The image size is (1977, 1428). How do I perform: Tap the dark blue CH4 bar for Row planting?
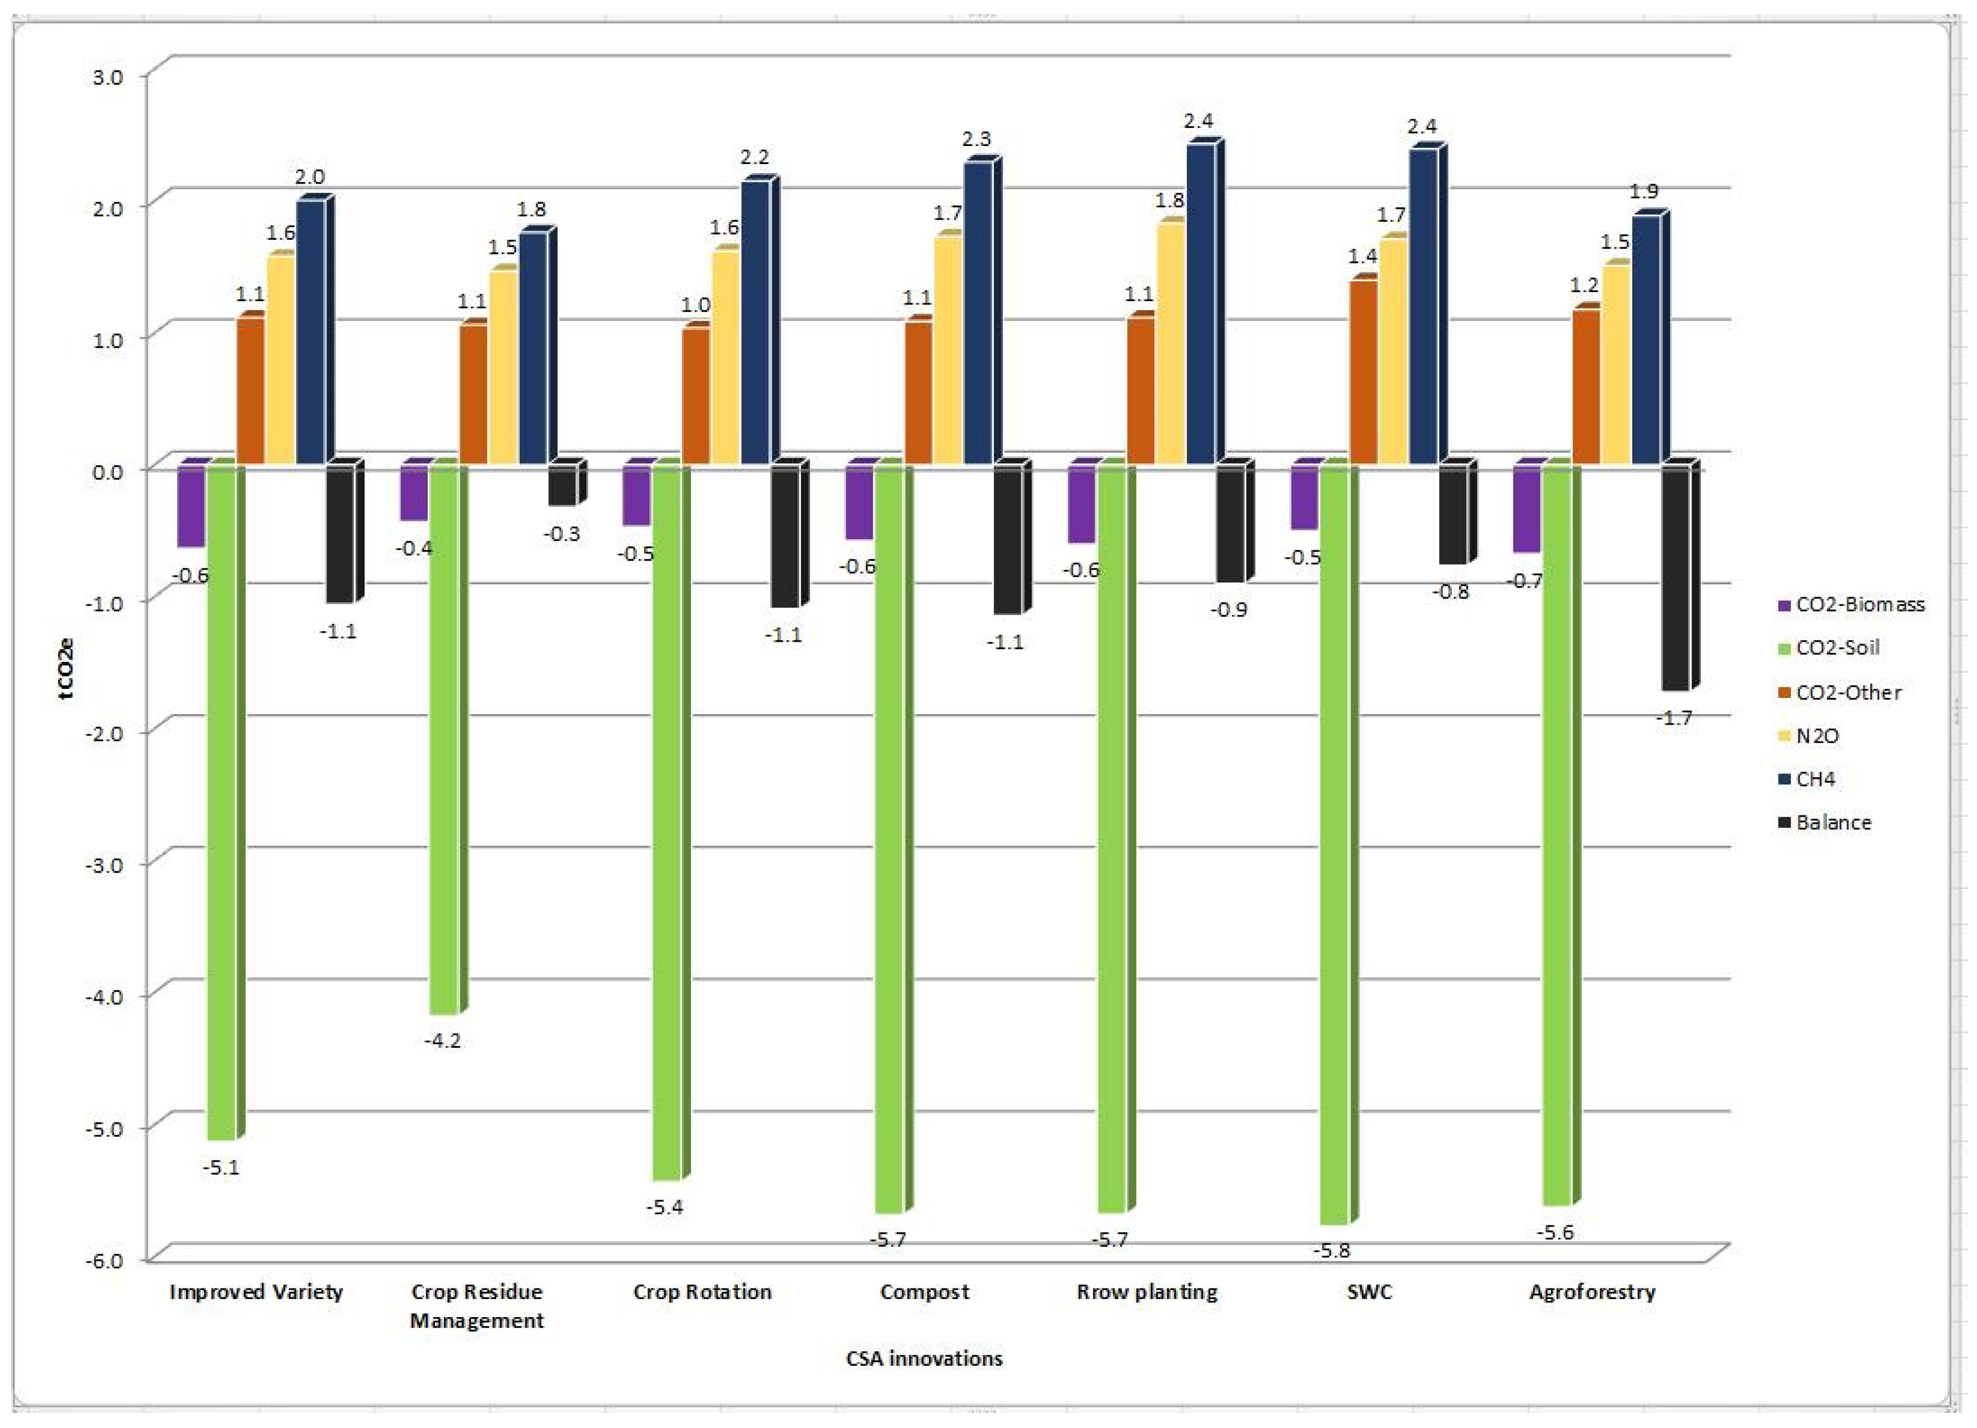pyautogui.click(x=1200, y=305)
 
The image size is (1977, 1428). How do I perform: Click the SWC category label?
pyautogui.click(x=1370, y=1291)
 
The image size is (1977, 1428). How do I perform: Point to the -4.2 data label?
pyautogui.click(x=442, y=1040)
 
